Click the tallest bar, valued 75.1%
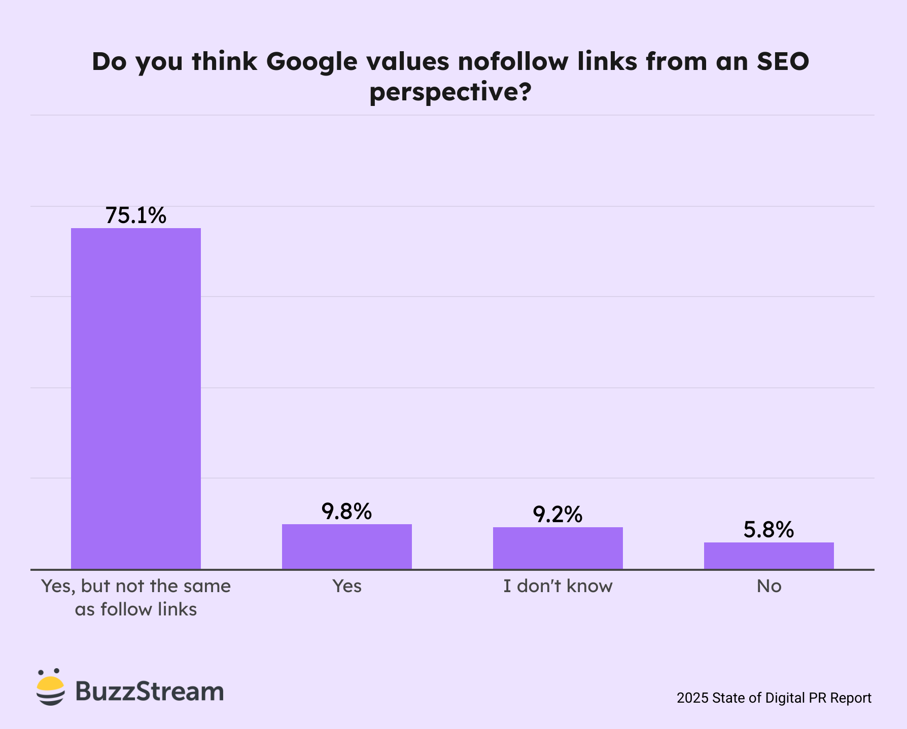click(136, 398)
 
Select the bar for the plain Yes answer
click(347, 546)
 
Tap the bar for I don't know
click(558, 548)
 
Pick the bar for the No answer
click(769, 556)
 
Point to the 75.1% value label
click(136, 215)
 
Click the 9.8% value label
click(347, 512)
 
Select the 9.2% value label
click(558, 515)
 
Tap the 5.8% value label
click(769, 530)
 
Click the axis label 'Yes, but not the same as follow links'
click(136, 597)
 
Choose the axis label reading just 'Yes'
click(347, 586)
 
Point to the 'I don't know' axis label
click(558, 586)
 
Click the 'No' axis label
click(769, 586)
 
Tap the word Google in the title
click(312, 62)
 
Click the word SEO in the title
click(783, 61)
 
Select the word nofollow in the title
click(513, 61)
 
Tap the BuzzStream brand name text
click(150, 691)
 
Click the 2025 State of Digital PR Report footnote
click(774, 698)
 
